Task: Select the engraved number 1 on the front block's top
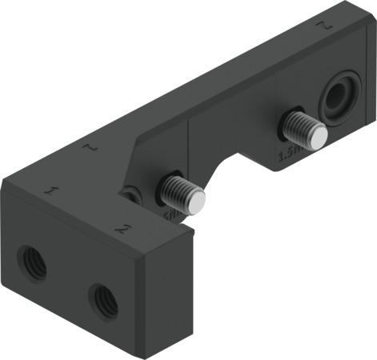tap(53, 191)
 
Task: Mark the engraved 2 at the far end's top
tap(325, 27)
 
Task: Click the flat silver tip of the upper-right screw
tap(318, 138)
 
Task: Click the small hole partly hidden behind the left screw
tap(131, 195)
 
